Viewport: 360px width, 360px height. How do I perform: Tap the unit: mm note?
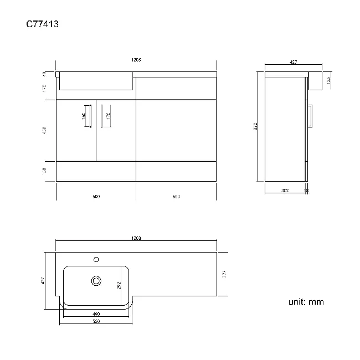306,302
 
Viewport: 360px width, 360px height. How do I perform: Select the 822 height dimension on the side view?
256,126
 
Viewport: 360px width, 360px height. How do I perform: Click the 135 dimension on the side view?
330,80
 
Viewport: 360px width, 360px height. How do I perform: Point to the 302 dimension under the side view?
285,191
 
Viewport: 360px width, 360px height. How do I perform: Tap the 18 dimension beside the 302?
307,191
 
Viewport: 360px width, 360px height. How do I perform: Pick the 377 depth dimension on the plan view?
224,273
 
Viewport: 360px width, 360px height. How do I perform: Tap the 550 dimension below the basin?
95,322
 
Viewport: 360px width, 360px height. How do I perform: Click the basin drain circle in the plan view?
96,280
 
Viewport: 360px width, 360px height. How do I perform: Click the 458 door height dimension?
44,131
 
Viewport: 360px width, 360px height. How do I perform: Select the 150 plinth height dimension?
44,171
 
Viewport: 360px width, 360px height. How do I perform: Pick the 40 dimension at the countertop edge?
44,73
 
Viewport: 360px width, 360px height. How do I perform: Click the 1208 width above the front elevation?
136,60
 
